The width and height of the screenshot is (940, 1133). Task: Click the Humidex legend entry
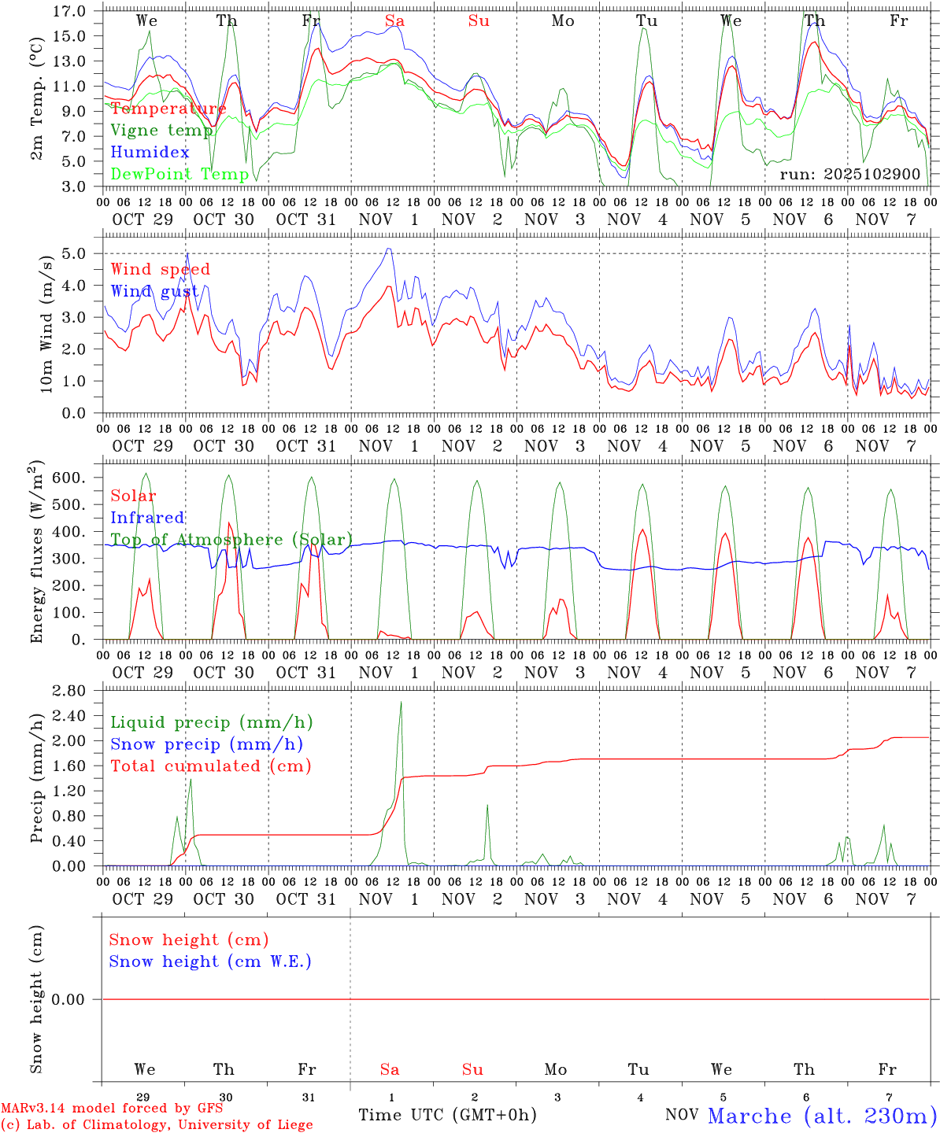(150, 152)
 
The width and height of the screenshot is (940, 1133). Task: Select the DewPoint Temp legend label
(179, 174)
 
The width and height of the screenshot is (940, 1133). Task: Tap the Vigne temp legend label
(161, 131)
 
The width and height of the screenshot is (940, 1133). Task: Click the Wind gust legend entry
(154, 291)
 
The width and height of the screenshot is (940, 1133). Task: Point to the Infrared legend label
(147, 518)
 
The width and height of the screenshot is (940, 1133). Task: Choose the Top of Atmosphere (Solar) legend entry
(231, 540)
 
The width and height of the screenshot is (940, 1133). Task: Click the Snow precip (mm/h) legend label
(206, 744)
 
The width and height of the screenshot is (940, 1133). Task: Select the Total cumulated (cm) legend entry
(210, 766)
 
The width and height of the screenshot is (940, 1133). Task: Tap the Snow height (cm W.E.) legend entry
(210, 961)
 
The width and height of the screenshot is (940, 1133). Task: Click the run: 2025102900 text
(849, 174)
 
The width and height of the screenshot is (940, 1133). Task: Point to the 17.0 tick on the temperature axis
(70, 11)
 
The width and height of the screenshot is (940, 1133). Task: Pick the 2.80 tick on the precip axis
(70, 691)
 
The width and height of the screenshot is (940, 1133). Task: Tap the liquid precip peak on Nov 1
(401, 703)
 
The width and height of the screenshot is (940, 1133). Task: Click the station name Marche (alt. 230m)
(822, 1116)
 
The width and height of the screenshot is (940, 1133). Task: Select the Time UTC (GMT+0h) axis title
(447, 1115)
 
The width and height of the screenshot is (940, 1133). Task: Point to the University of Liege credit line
(157, 1125)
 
